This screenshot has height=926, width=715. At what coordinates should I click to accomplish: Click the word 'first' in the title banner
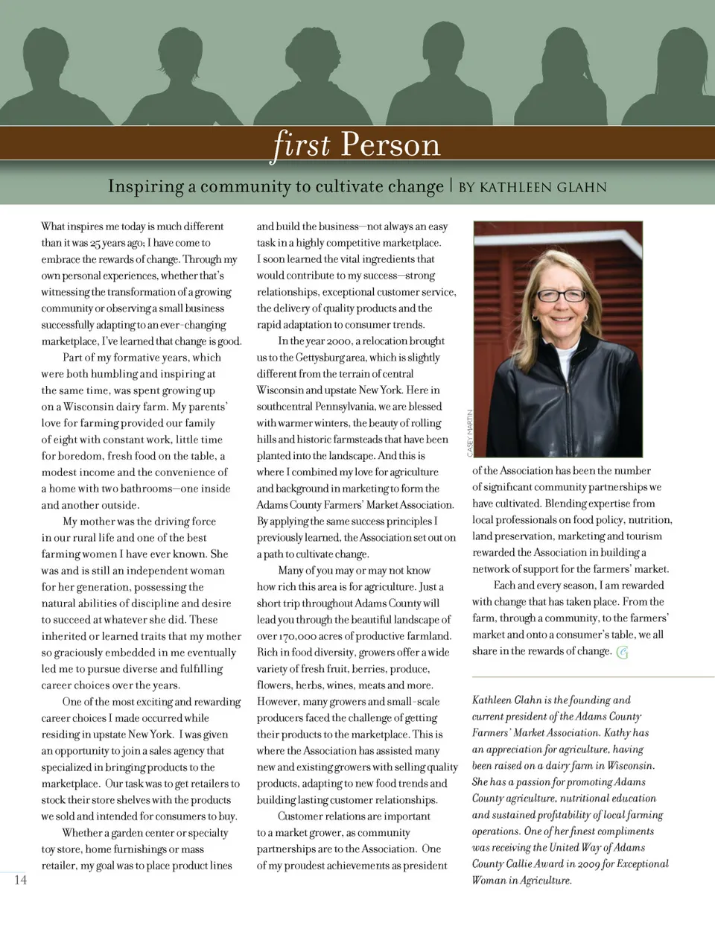pos(301,144)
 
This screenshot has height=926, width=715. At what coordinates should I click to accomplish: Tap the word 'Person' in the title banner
pos(390,145)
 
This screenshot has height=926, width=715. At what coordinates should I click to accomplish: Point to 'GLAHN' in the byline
pos(582,187)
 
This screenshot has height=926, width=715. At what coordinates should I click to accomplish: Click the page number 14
pos(20,880)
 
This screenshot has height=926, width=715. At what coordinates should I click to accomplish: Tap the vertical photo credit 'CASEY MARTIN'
pos(470,434)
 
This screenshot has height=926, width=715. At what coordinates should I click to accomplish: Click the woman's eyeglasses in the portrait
pos(562,295)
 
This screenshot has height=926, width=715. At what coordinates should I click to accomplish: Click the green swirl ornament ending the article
pos(623,653)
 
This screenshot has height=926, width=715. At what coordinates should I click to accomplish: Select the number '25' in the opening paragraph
pos(96,243)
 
